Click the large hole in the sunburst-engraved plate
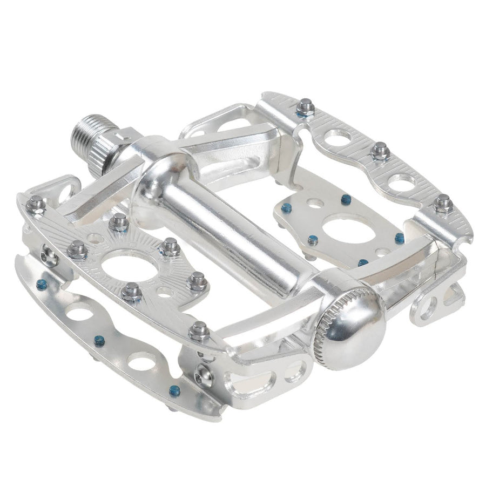(x=130, y=265)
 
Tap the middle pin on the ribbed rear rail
(x=380, y=151)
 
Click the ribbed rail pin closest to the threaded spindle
(x=306, y=107)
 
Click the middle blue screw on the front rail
(x=99, y=340)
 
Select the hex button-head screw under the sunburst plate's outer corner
(x=49, y=256)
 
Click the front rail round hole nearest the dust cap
(x=141, y=361)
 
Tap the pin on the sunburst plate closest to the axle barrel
(x=171, y=246)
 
